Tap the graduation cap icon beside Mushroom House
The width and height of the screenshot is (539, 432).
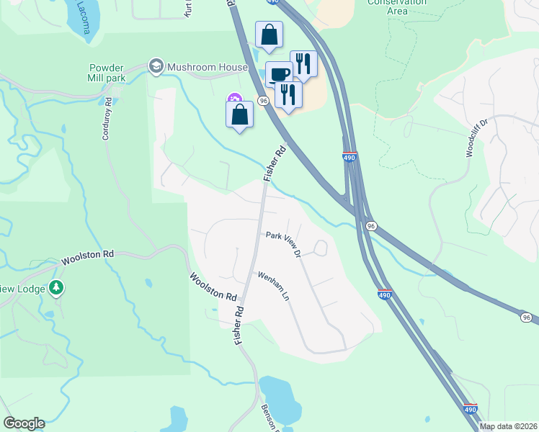point(155,66)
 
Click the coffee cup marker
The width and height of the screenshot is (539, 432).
point(279,73)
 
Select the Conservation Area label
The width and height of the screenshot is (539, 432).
point(397,6)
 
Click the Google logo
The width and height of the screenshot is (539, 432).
point(24,423)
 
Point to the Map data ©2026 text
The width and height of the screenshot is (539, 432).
point(509,426)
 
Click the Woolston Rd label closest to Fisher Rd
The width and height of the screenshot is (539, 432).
point(213,286)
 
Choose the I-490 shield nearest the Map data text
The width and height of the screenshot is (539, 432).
point(470,408)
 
